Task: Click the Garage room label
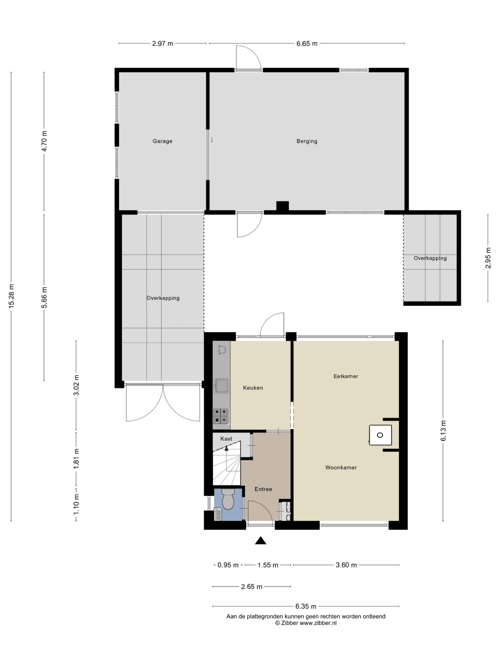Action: tap(162, 141)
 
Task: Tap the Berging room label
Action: tap(307, 141)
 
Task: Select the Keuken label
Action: tap(253, 388)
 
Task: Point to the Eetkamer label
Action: tap(346, 376)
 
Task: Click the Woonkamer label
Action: tap(341, 468)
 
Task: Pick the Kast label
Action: tap(226, 439)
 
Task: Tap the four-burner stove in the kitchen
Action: tap(221, 416)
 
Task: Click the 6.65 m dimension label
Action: tap(307, 44)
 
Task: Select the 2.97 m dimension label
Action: tap(162, 44)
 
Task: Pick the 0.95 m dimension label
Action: tap(228, 565)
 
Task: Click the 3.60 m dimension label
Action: tap(346, 565)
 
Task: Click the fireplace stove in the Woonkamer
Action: tap(380, 435)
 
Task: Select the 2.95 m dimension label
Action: tap(488, 258)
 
